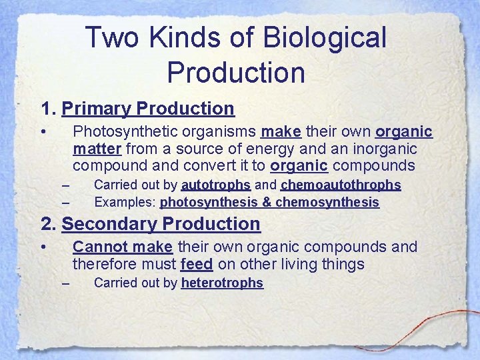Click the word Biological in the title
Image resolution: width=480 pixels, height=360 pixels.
pyautogui.click(x=325, y=38)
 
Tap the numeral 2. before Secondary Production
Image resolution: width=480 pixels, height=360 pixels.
pyautogui.click(x=49, y=224)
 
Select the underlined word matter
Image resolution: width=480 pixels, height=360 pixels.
pyautogui.click(x=97, y=148)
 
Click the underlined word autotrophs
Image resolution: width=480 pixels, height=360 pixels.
pyautogui.click(x=215, y=185)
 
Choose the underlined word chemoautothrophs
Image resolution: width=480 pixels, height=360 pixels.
pyautogui.click(x=341, y=185)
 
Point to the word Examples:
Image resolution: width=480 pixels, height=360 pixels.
pyautogui.click(x=125, y=202)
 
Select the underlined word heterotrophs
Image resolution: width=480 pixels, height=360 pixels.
pyautogui.click(x=222, y=283)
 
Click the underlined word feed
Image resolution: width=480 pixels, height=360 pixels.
pyautogui.click(x=196, y=265)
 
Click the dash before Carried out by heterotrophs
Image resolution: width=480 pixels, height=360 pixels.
pyautogui.click(x=65, y=284)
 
